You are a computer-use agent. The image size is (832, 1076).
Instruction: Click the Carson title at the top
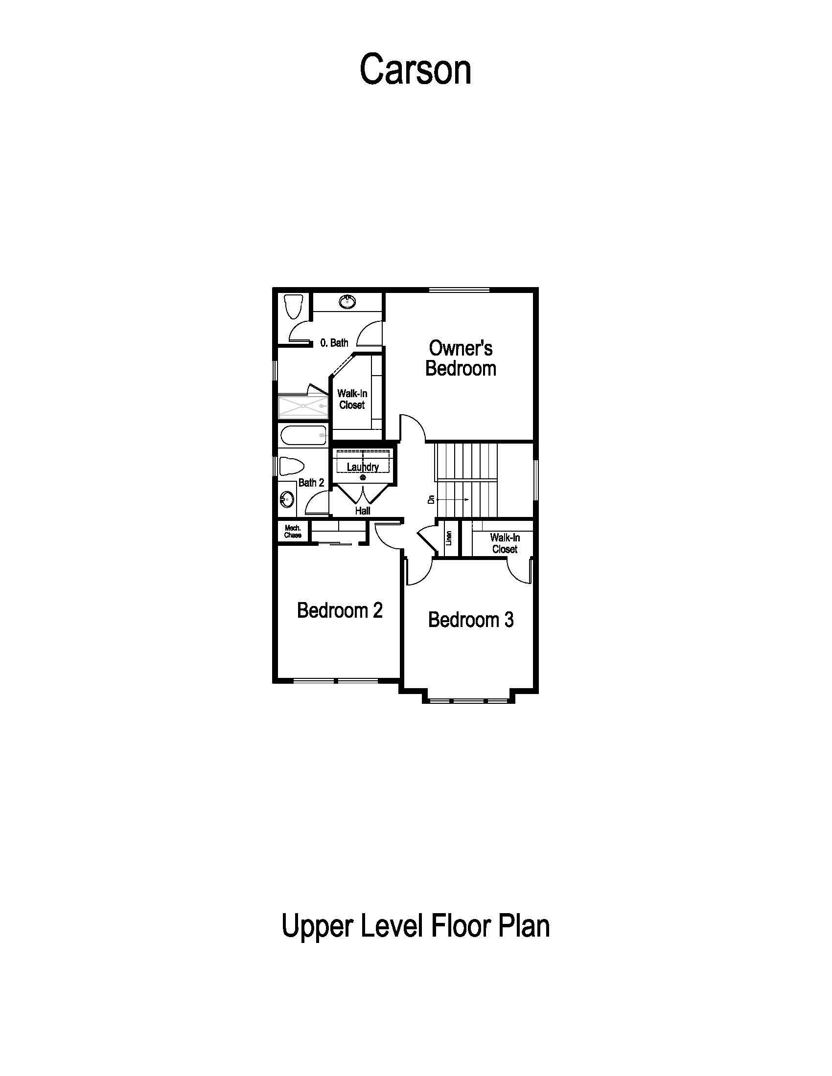tap(416, 70)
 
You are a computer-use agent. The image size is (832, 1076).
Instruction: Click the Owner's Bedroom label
tap(461, 358)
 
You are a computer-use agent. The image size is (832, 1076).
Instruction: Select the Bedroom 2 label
tap(340, 610)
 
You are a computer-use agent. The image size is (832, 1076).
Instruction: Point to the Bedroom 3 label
tap(471, 620)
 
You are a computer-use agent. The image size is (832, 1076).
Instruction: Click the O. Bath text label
tap(334, 342)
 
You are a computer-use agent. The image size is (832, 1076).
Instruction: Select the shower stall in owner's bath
tap(302, 406)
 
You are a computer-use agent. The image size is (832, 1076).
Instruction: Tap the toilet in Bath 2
tap(290, 466)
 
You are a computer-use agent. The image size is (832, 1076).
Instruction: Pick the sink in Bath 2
tap(286, 499)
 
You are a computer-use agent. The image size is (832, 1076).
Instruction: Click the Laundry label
tap(363, 467)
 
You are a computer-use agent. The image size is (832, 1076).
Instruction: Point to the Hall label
tap(362, 511)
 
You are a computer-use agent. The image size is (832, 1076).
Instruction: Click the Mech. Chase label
tap(293, 532)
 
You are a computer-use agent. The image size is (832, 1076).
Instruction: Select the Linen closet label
tap(448, 538)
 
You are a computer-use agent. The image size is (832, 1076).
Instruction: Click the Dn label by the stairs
tap(431, 499)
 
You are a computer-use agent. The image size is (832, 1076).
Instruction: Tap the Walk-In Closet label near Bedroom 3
tap(504, 543)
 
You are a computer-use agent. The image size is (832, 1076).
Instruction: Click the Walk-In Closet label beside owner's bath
tap(352, 399)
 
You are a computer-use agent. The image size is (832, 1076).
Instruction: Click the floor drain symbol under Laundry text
tap(363, 477)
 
